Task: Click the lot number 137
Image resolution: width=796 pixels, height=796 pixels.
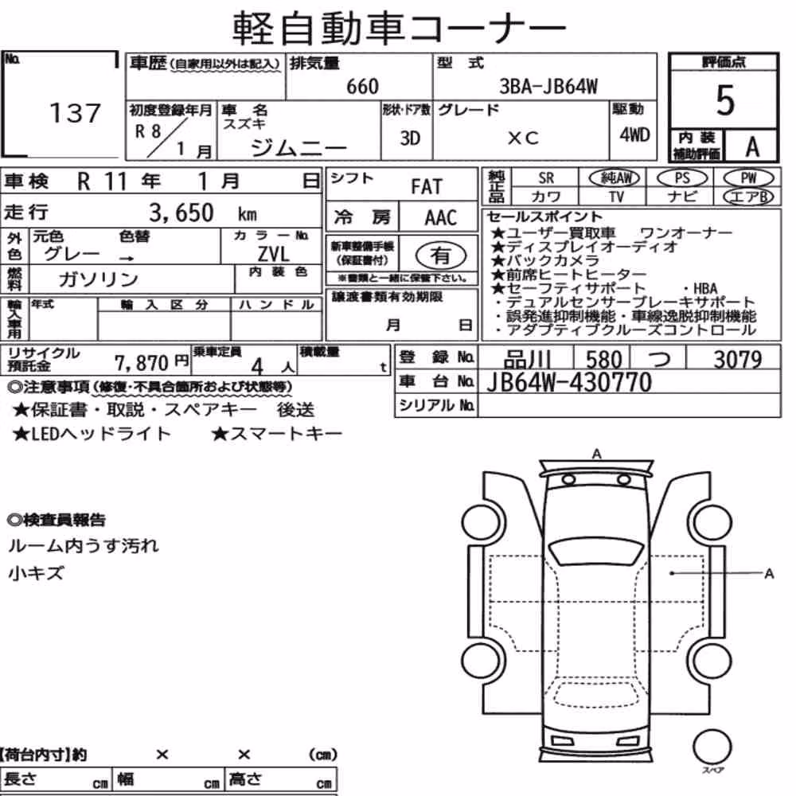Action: coord(75,113)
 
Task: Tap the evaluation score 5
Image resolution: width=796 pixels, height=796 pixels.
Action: coord(724,100)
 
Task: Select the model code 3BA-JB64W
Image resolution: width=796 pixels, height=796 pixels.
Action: coord(548,87)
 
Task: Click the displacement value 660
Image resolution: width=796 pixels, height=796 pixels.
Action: coord(362,87)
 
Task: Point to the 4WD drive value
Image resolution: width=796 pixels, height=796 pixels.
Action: coord(634,135)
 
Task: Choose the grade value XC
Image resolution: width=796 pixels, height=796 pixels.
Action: coord(523,138)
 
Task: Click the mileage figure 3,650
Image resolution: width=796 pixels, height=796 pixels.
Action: coord(181,213)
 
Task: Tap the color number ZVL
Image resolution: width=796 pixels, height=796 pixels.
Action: coord(273,253)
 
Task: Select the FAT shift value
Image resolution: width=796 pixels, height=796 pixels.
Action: coord(427,187)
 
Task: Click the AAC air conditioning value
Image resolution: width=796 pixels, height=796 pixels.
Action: coord(441,218)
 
